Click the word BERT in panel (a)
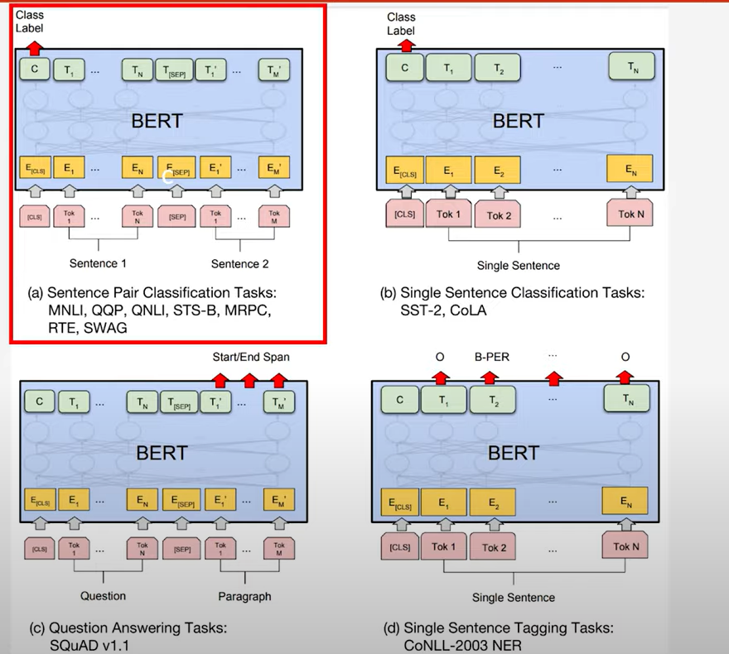pyautogui.click(x=157, y=122)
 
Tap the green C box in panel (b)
pyautogui.click(x=404, y=69)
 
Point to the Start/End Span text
pyautogui.click(x=251, y=357)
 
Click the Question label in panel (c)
pyautogui.click(x=103, y=595)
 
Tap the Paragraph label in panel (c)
pyautogui.click(x=244, y=595)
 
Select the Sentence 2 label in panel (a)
pyautogui.click(x=240, y=265)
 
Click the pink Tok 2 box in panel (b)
pyautogui.click(x=500, y=214)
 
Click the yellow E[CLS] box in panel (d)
pyautogui.click(x=399, y=502)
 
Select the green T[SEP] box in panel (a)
pyautogui.click(x=176, y=70)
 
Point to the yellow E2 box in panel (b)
pyautogui.click(x=499, y=171)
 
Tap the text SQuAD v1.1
pyautogui.click(x=89, y=645)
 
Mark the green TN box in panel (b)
pyautogui.click(x=633, y=67)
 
